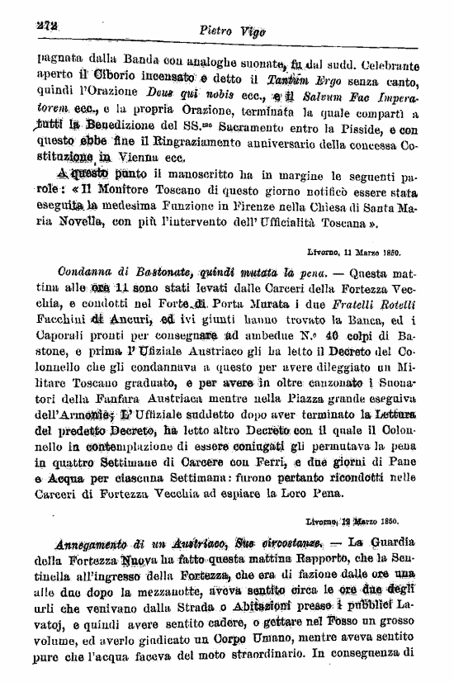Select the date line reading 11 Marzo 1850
click(361, 253)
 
